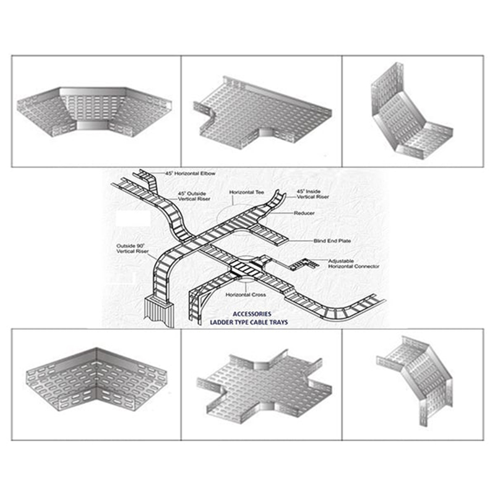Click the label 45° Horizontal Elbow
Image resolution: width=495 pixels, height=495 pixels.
[x=191, y=174]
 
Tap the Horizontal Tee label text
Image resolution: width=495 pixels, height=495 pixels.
[x=247, y=193]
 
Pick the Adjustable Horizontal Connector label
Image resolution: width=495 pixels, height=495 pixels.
[x=353, y=264]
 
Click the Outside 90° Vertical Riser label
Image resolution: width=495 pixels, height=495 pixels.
[x=132, y=249]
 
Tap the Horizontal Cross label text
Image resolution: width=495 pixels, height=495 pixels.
[x=246, y=295]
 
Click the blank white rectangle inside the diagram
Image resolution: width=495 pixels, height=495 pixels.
[x=132, y=220]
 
